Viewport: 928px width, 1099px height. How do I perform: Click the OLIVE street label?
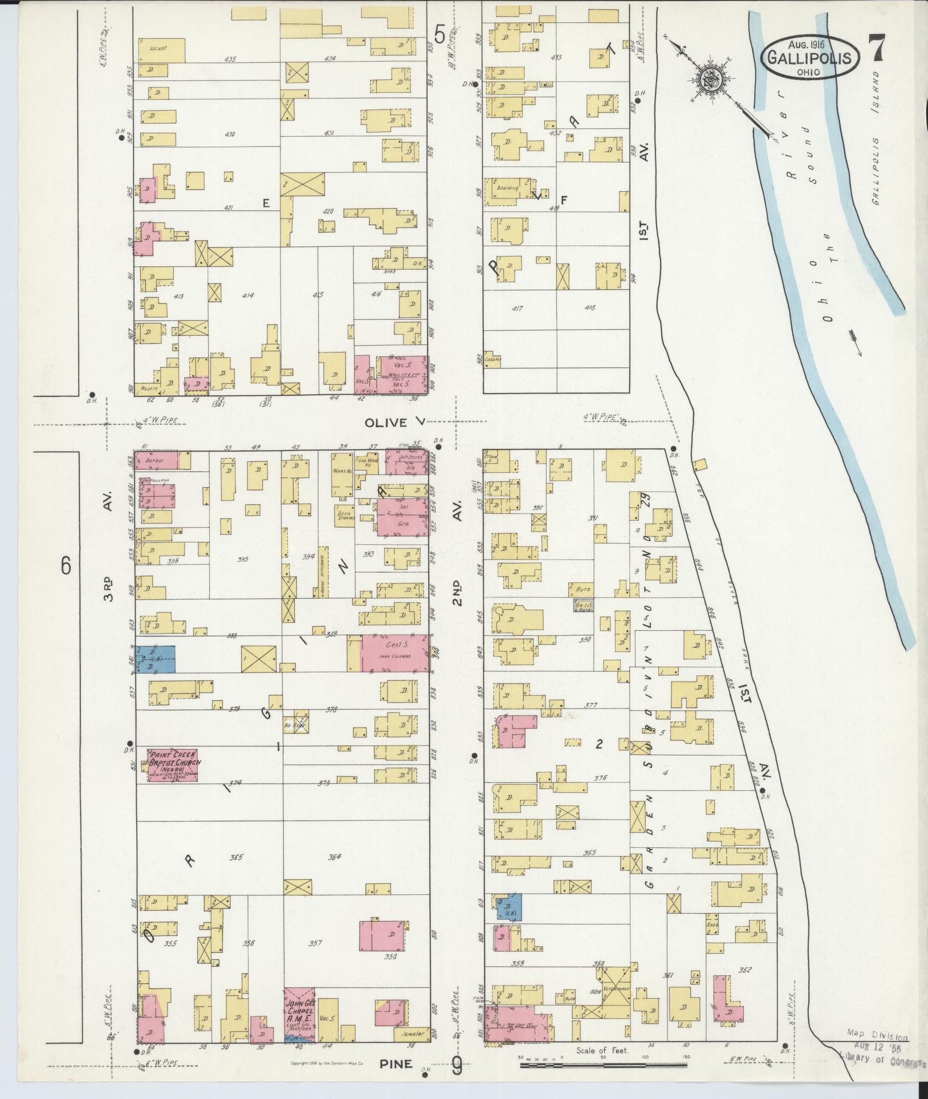(x=386, y=423)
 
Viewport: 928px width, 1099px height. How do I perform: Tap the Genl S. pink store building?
(x=395, y=653)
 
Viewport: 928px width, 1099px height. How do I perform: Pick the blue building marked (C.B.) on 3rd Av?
(x=154, y=659)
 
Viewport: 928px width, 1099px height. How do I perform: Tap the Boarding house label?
(x=507, y=188)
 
